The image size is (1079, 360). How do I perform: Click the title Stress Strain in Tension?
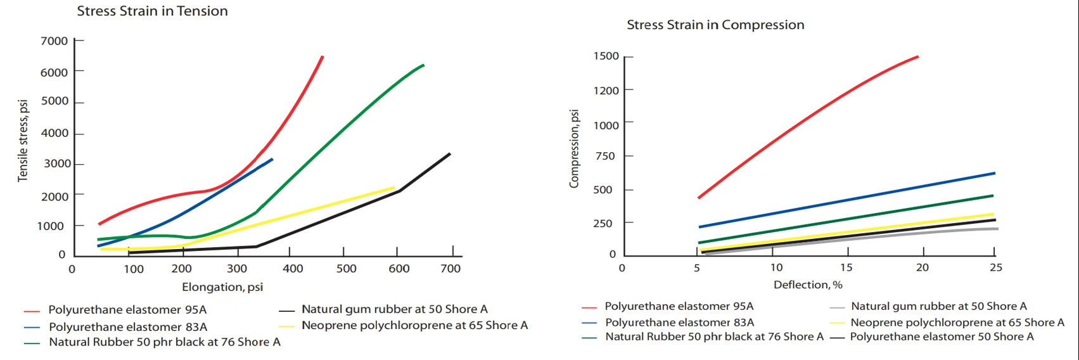pos(152,11)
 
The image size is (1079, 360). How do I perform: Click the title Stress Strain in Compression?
pos(715,25)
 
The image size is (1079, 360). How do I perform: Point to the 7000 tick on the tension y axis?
pos(54,41)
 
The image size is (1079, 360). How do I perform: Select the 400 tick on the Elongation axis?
pos(293,269)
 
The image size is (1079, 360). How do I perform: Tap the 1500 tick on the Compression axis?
pos(606,56)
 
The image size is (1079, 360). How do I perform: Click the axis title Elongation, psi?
pos(222,287)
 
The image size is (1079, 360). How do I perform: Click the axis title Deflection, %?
pos(808,285)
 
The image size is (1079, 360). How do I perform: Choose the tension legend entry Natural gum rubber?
pos(394,310)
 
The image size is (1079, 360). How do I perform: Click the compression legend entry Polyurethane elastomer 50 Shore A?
pos(942,337)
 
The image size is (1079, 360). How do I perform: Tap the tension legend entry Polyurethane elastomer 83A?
pos(128,327)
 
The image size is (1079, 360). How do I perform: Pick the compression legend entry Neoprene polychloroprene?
pos(957,323)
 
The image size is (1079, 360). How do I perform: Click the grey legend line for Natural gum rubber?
pos(837,307)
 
